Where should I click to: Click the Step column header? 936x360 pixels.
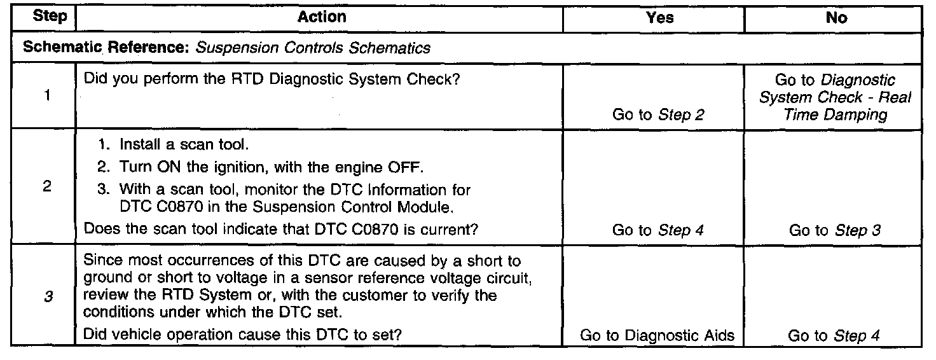[50, 16]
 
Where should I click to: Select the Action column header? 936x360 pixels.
[322, 17]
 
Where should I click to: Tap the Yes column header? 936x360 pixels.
[660, 18]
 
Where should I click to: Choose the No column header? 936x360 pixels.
[837, 18]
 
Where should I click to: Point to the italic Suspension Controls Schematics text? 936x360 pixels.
[313, 48]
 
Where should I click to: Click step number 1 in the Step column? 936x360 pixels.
[47, 95]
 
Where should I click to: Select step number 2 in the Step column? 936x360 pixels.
[47, 186]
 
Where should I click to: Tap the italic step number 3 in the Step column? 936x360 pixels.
[48, 296]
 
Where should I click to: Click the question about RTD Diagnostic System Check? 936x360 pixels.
[272, 79]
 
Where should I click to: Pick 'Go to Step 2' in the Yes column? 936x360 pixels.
[658, 114]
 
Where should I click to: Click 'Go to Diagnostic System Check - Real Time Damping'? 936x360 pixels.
[835, 97]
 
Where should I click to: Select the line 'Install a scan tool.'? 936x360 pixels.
[174, 144]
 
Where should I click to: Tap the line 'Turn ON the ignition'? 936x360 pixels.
[261, 167]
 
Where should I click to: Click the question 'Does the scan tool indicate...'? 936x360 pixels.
[281, 229]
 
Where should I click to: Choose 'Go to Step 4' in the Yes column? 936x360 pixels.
[658, 230]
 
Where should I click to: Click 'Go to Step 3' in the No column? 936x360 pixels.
[835, 230]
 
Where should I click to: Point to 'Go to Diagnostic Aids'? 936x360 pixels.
[657, 335]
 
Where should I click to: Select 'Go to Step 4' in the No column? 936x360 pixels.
[834, 335]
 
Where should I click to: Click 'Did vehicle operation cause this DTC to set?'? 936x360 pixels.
[242, 335]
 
